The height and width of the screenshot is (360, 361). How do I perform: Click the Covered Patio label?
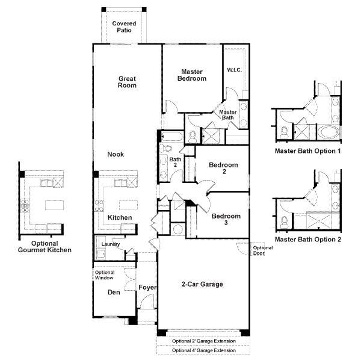[x=124, y=26]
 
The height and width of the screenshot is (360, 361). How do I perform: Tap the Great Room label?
[x=127, y=82]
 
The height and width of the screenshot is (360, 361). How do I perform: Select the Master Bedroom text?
[x=192, y=75]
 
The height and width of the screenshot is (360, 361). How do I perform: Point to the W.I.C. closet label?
[x=234, y=70]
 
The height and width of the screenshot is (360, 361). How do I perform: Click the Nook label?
[x=116, y=154]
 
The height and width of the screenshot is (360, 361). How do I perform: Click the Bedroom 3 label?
[x=226, y=220]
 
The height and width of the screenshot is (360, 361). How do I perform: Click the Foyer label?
[x=147, y=288]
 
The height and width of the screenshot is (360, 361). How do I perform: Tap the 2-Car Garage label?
[x=202, y=284]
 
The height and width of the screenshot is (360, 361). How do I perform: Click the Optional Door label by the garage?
[x=262, y=250]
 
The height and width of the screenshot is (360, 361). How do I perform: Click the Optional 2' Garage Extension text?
[x=203, y=341]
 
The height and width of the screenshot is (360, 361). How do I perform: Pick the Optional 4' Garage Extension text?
[x=203, y=350]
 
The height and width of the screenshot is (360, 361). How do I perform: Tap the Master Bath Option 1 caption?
[x=308, y=151]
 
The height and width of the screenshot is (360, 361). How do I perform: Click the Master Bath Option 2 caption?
[x=308, y=239]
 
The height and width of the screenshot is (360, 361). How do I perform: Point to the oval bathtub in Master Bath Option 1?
[x=329, y=132]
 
